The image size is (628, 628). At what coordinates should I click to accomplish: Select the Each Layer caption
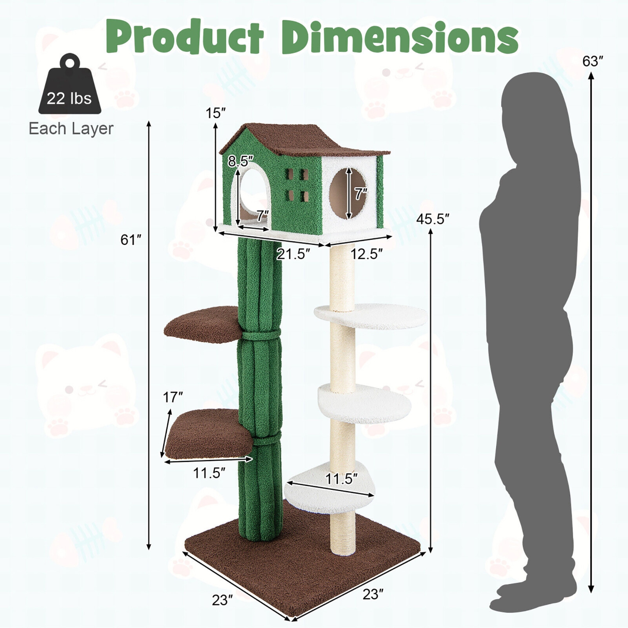[x=71, y=129]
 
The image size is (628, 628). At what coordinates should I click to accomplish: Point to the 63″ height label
[x=592, y=62]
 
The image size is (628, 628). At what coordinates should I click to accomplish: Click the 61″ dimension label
[x=131, y=240]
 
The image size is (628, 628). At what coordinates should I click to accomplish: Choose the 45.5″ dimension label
[x=432, y=219]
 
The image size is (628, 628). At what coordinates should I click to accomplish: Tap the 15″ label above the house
[x=216, y=113]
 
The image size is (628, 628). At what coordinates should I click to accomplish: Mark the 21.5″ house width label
[x=293, y=254]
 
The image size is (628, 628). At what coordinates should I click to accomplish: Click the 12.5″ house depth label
[x=366, y=254]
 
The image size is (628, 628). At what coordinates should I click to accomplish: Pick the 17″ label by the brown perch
[x=173, y=397]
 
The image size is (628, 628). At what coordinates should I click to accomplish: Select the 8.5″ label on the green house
[x=241, y=161]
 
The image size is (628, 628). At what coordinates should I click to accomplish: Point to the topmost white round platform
[x=373, y=316]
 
